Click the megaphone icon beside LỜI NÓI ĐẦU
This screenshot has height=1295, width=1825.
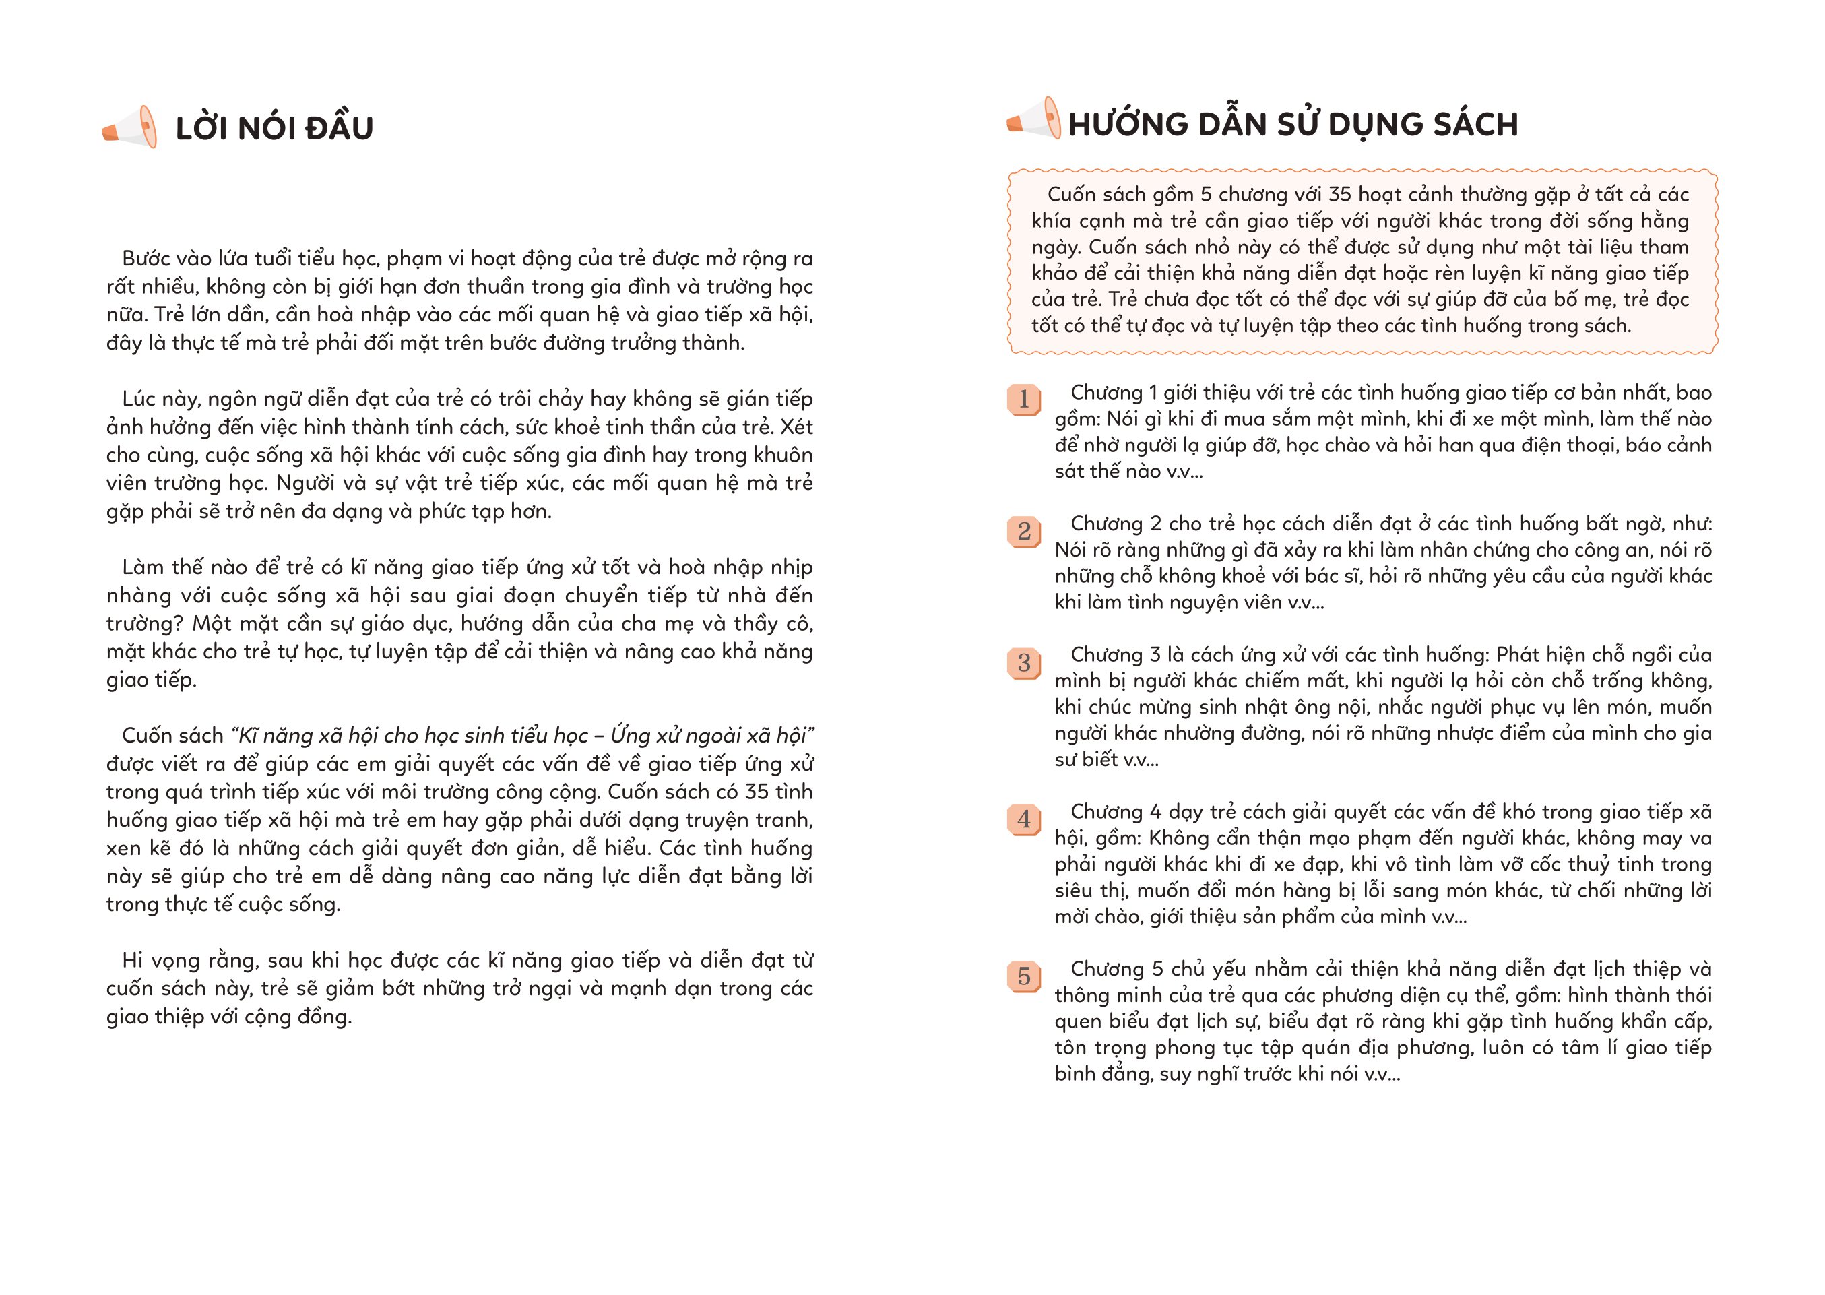(x=130, y=127)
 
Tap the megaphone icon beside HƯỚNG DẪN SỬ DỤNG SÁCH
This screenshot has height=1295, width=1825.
(x=1035, y=120)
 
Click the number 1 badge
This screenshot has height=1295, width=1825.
(x=1024, y=399)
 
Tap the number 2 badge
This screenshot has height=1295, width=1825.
(x=1024, y=531)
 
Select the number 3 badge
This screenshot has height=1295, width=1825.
(x=1024, y=662)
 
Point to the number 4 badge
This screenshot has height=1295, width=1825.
(x=1024, y=819)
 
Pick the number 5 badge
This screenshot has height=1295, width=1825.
(x=1024, y=976)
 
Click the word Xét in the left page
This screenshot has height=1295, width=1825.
(x=796, y=427)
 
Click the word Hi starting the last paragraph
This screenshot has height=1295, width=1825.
(x=131, y=960)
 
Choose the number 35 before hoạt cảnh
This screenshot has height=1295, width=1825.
(x=1339, y=195)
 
